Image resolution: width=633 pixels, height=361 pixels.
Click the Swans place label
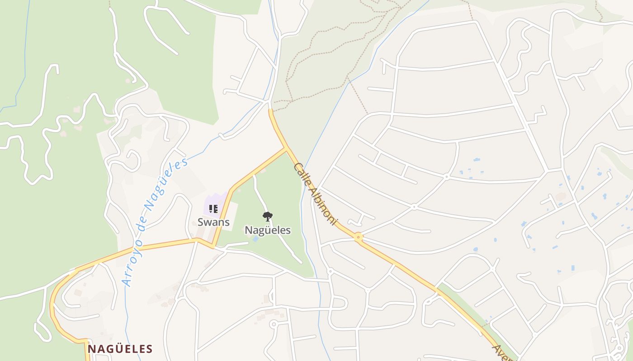pos(213,222)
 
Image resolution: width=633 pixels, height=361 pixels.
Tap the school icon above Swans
pos(213,208)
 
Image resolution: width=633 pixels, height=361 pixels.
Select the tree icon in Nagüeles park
pos(268,216)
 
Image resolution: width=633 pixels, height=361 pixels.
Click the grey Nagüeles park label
pos(268,230)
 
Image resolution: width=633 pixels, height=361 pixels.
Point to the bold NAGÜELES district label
pos(120,349)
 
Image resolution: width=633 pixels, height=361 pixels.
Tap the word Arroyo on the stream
pos(131,266)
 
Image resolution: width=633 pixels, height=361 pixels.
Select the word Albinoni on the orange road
pos(322,205)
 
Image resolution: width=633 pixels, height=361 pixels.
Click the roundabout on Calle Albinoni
pos(359,236)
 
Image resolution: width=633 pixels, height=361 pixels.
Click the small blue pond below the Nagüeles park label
pos(255,238)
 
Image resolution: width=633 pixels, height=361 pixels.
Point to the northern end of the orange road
pos(270,110)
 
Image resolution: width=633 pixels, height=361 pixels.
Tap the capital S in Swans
pos(201,222)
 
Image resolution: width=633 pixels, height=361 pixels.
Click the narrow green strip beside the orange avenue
pos(470,311)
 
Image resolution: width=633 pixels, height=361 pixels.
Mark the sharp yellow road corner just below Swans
pos(213,247)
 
